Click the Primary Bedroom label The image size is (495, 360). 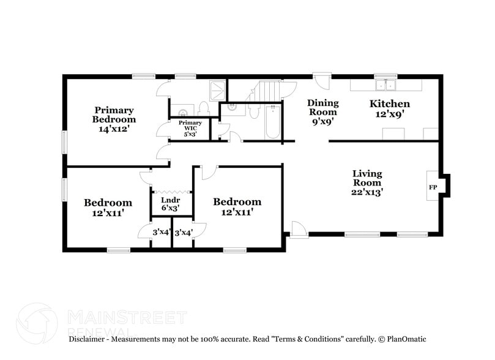[114, 114]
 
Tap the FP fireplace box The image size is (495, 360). [433, 187]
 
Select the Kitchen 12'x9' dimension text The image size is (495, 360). [389, 114]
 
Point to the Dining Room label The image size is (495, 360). [322, 107]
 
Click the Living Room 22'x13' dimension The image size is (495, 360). [367, 192]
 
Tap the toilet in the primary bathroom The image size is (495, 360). [204, 108]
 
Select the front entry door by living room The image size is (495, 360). [298, 231]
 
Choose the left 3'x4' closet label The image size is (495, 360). [161, 232]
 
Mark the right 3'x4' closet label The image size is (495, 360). [182, 233]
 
